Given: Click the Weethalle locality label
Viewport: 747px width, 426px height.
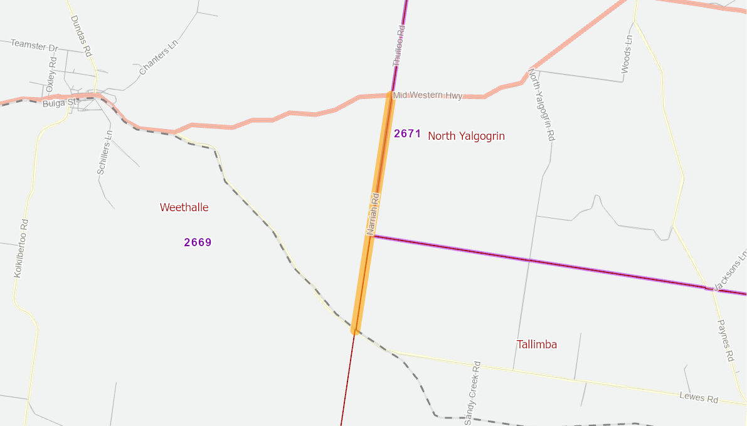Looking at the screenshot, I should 184,207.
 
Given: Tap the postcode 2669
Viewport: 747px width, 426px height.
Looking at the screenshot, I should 198,242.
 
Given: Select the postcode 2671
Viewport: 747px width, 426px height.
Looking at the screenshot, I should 407,133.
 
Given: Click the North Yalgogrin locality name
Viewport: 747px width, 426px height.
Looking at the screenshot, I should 466,136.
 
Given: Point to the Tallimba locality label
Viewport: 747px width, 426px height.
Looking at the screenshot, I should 536,345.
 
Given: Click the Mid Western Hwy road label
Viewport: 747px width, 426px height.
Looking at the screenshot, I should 428,95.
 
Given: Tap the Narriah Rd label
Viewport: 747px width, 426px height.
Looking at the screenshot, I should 373,214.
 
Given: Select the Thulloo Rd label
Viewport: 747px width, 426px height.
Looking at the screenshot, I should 399,46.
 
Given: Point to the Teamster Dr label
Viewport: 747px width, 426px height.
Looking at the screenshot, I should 34,46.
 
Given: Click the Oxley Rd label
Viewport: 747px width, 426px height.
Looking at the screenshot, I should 51,74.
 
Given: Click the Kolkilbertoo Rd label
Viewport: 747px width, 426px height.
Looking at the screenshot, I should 21,248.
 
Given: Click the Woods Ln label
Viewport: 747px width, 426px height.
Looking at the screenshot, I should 627,54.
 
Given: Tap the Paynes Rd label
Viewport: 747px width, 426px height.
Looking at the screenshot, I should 725,340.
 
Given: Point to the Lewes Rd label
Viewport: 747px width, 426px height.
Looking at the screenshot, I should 698,398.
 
